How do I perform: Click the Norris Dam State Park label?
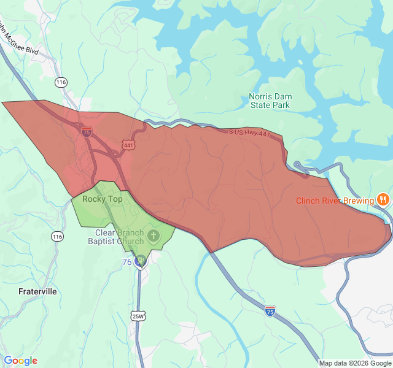[270, 101]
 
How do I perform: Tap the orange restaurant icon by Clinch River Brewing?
[383, 199]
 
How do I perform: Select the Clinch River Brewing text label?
[335, 201]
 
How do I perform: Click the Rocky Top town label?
[103, 199]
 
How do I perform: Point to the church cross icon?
[153, 235]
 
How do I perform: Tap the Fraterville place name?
[37, 291]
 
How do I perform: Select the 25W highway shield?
[138, 316]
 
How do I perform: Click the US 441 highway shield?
[128, 145]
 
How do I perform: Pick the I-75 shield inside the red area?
[87, 131]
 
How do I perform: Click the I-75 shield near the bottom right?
[270, 312]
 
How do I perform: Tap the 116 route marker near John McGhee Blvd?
[60, 82]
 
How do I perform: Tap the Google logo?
[20, 361]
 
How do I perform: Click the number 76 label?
[126, 262]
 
